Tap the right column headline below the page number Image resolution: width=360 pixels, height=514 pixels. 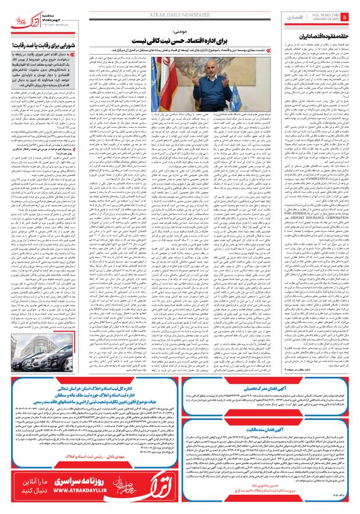coord(320,35)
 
